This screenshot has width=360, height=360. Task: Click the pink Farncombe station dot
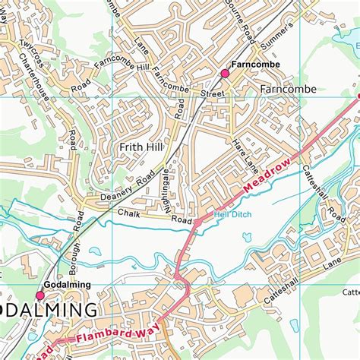(224, 74)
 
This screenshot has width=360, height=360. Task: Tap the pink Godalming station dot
(40, 295)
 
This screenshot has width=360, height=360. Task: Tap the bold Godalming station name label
(68, 285)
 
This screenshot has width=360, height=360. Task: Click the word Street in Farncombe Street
(213, 94)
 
